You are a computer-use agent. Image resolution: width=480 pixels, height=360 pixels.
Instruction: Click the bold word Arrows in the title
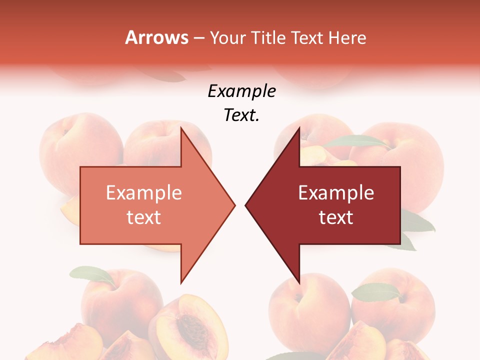[x=157, y=37]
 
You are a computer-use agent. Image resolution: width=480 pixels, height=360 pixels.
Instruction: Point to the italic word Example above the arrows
[x=241, y=91]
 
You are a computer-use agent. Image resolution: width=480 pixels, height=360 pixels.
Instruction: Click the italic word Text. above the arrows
[x=241, y=115]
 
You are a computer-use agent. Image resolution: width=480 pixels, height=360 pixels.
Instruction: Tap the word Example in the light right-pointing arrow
[x=144, y=193]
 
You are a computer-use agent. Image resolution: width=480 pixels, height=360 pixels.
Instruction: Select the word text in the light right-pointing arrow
[x=144, y=217]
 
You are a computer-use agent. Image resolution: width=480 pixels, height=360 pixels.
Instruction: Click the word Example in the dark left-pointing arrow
[x=336, y=193]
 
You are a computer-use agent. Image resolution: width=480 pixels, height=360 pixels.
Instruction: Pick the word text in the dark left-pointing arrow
[x=336, y=217]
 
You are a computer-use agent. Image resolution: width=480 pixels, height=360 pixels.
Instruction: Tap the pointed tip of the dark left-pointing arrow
[x=246, y=205]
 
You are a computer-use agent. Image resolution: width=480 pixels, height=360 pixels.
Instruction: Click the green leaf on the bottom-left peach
[x=92, y=274]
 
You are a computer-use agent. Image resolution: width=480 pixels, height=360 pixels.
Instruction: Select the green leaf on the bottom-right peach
[x=376, y=292]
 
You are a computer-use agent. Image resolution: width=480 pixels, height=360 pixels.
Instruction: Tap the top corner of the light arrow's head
[x=181, y=128]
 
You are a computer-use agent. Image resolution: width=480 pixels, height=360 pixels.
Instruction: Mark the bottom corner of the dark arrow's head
[x=299, y=282]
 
